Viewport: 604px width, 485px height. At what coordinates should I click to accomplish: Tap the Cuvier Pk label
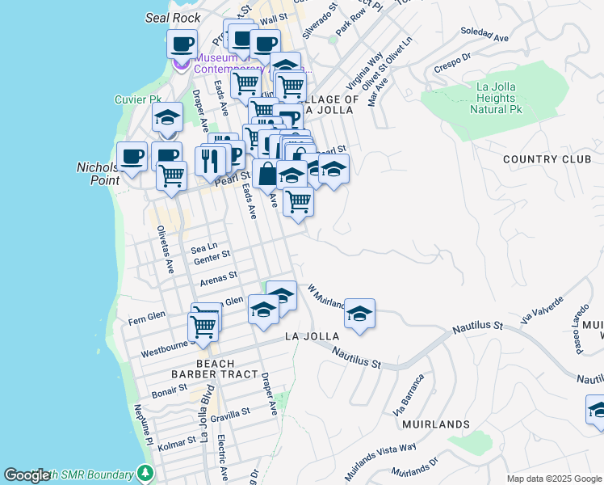138,99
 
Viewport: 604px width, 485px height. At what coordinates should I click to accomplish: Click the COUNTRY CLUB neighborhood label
547,159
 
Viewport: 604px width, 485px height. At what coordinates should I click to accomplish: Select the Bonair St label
170,390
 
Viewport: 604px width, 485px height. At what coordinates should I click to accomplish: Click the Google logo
27,475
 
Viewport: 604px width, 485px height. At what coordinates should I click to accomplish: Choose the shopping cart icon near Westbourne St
203,327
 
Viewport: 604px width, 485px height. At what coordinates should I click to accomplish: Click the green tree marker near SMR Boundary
145,472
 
